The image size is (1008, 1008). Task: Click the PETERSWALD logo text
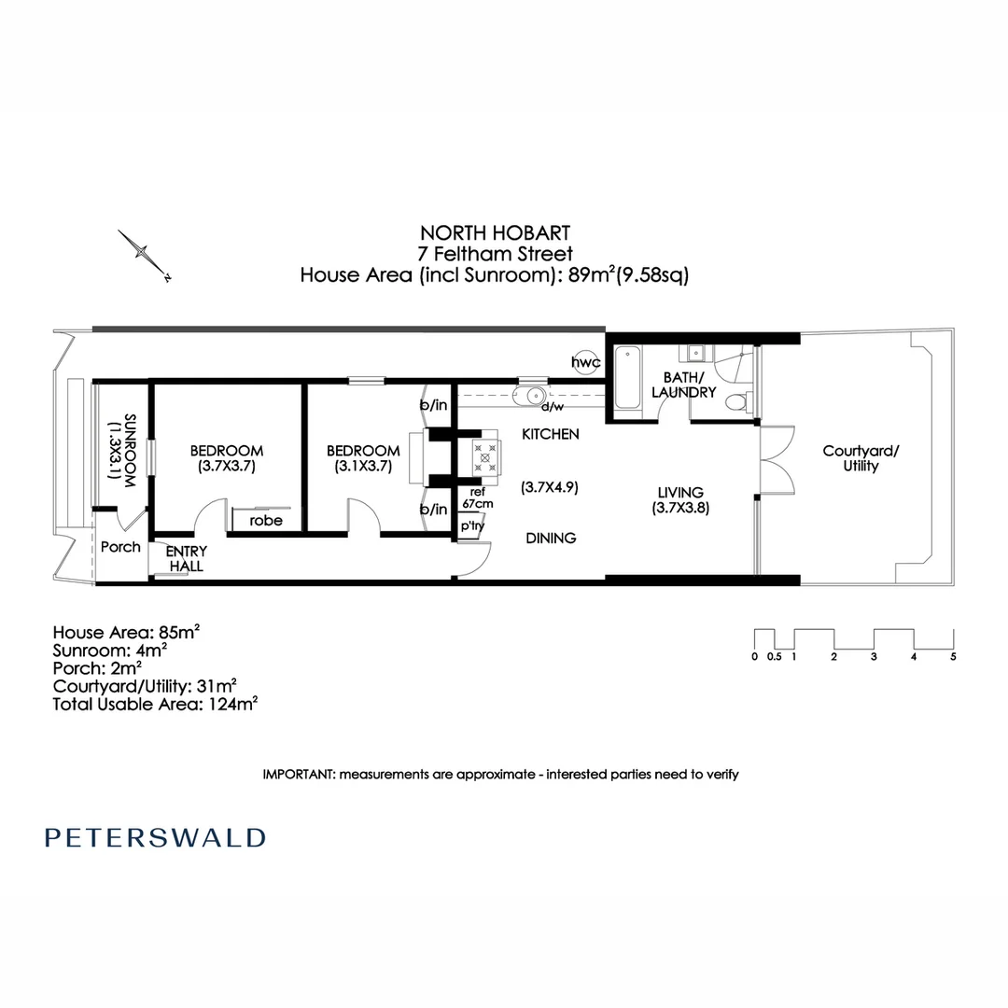point(155,837)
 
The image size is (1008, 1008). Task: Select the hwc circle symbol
point(587,362)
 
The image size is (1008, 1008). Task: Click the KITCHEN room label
point(550,434)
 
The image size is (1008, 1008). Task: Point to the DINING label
point(550,538)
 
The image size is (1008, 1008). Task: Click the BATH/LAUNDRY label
point(689,385)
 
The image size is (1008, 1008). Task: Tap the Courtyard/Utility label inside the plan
point(861,458)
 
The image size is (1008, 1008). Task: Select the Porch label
point(120,547)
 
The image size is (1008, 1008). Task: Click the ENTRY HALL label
point(187,559)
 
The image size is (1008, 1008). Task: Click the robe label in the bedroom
point(265,521)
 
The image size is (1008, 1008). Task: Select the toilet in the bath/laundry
point(737,402)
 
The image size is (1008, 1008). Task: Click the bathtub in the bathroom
point(626,376)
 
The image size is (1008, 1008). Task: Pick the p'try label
point(472,526)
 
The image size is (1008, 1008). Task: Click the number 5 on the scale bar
point(953,656)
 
